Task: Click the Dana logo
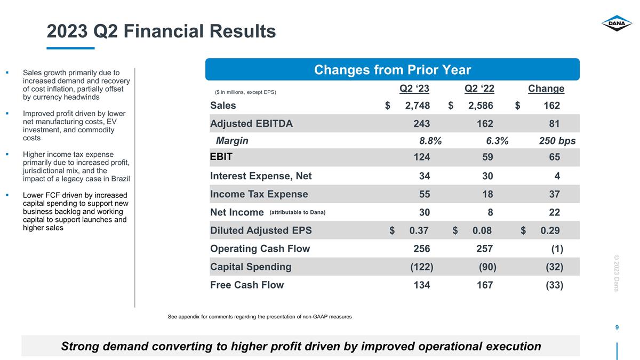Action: coord(617,23)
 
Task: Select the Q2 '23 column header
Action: coord(414,89)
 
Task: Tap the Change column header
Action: coord(546,89)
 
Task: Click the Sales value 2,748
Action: coord(418,106)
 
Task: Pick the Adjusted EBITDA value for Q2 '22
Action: coord(485,124)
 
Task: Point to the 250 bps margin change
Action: coord(557,141)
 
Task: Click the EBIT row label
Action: coord(221,157)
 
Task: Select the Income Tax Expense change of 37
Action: coord(554,194)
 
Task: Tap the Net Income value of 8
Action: coord(490,212)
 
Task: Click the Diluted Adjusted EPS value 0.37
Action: coord(419,230)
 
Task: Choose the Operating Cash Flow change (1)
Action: coord(557,249)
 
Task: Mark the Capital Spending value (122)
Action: coord(422,267)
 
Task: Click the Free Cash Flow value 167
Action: coord(485,285)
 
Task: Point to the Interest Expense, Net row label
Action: coord(261,176)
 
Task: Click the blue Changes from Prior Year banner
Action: coord(393,69)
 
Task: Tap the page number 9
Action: coord(617,327)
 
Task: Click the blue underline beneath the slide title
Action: coord(70,48)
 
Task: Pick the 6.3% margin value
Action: coord(497,141)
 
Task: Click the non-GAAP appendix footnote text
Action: coord(260,317)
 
